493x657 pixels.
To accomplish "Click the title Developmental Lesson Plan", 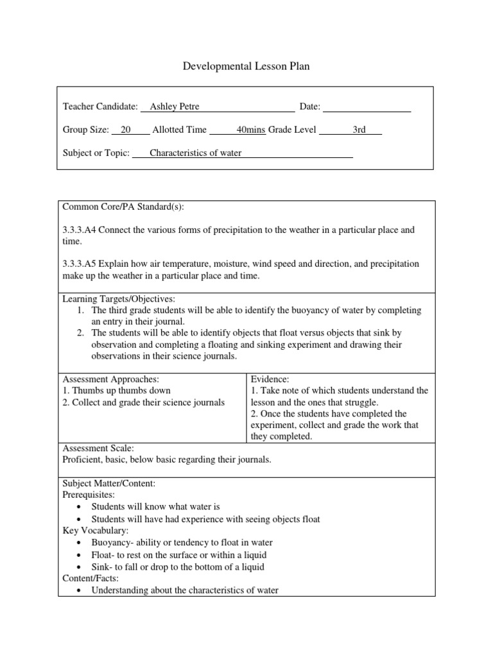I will pos(246,66).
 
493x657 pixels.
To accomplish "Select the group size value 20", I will pos(126,130).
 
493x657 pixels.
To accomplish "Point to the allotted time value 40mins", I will pos(251,130).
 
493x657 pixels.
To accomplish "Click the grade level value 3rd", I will pos(359,130).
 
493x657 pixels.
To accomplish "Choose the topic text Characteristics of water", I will pos(195,153).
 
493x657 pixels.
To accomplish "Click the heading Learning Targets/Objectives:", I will pos(118,299).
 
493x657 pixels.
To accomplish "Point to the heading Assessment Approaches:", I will pos(110,379).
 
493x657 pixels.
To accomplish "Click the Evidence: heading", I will pos(270,379).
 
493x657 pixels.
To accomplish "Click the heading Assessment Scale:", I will pos(98,448).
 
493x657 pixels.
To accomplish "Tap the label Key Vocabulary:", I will pos(95,531).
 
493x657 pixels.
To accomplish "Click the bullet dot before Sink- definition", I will pos(78,568).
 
